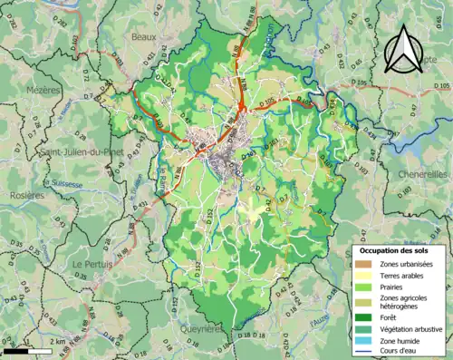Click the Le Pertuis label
(x=91, y=264)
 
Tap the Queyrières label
(x=201, y=329)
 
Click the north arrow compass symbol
(x=403, y=48)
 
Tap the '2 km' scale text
(x=58, y=342)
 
